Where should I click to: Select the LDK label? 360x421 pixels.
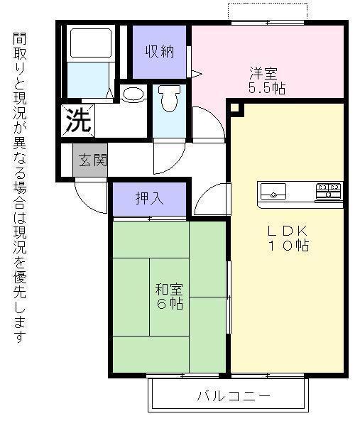tap(287, 231)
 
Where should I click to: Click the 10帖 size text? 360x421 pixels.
tap(287, 246)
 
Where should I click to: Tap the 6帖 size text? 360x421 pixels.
tap(169, 304)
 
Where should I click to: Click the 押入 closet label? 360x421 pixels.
tap(149, 198)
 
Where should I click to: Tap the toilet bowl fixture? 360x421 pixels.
tap(169, 100)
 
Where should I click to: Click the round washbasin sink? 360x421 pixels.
tap(131, 95)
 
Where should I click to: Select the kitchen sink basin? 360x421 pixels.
tap(273, 192)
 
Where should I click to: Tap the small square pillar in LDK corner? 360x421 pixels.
tap(236, 108)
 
